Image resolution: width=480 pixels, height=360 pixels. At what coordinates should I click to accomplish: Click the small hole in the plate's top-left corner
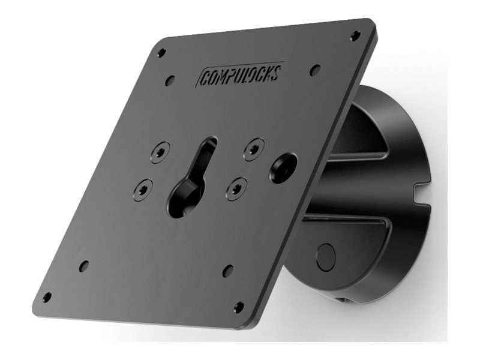coord(161,53)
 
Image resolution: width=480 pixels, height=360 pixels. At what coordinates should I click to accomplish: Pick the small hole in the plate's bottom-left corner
coord(47,297)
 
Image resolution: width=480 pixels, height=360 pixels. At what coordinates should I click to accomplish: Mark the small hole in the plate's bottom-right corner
coord(239,307)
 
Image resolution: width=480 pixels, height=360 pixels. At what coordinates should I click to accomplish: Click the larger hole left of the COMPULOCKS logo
coord(170,80)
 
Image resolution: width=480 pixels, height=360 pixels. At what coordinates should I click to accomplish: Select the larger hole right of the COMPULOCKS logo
coord(315,70)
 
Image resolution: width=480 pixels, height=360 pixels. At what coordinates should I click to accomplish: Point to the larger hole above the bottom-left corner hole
coord(84,265)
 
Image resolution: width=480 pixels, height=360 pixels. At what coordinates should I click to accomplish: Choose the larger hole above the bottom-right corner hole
coord(228,271)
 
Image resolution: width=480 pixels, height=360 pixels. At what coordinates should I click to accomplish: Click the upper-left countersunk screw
coord(160,152)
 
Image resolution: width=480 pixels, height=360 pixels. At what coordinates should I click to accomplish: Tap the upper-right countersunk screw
coord(254,148)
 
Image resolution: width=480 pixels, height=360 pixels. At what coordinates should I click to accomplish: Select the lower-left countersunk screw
coord(143,190)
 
